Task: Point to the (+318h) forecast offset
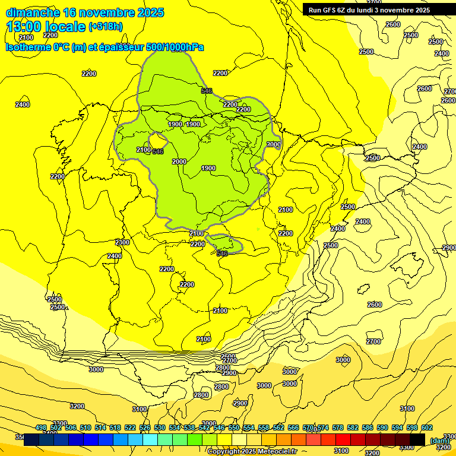coord(105,27)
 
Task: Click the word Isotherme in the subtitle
coord(28,47)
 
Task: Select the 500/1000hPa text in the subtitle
coord(175,47)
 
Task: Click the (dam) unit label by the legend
coord(439,441)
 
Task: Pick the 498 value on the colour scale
coord(41,428)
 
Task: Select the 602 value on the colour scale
coord(427,428)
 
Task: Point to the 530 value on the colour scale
coord(160,428)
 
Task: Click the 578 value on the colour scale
coord(338,428)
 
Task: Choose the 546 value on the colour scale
coord(219,428)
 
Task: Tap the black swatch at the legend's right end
coord(417,439)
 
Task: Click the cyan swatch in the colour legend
coord(150,439)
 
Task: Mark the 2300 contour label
coord(122,242)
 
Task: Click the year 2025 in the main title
coord(150,12)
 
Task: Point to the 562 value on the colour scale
coord(278,428)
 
